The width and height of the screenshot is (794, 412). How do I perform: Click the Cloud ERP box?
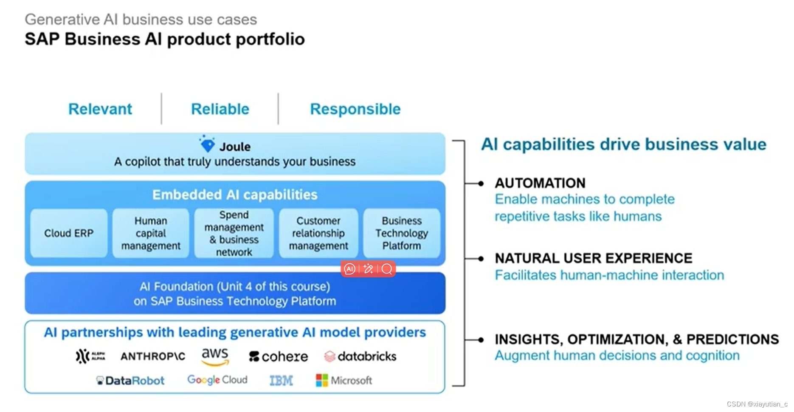point(69,233)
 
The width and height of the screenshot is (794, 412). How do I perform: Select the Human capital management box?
point(151,233)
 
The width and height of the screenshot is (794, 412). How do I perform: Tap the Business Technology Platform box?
point(401,233)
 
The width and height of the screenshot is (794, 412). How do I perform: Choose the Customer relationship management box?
point(318,233)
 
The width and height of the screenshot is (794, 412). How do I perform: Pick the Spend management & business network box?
point(234,233)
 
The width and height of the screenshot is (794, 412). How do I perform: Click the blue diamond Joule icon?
point(207,144)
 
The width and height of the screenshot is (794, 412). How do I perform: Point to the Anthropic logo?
point(153,356)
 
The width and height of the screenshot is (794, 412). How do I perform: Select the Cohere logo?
point(279,356)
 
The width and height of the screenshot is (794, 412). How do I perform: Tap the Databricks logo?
point(360,356)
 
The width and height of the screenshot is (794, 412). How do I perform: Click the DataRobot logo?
point(130,381)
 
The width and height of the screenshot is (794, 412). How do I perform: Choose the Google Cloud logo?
point(217,380)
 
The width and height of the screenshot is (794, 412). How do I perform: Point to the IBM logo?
point(281,381)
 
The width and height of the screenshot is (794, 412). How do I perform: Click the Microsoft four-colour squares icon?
point(322,381)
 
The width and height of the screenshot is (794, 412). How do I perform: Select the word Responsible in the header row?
point(355,109)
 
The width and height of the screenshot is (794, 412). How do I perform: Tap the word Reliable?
point(220,109)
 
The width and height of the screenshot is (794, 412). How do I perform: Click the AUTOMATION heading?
point(540,183)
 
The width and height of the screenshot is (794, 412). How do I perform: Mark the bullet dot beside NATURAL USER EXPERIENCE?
point(481,259)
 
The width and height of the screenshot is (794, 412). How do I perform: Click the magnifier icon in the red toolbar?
point(387,269)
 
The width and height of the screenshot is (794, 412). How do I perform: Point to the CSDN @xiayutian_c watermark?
point(757,404)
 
